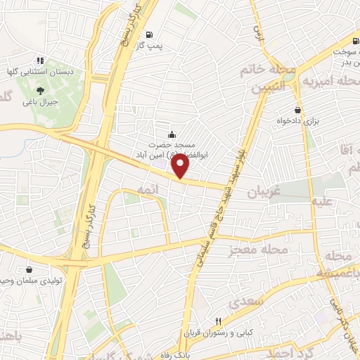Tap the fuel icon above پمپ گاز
coord(149,34)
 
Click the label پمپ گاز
coord(149,45)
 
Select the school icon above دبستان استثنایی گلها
coord(40,60)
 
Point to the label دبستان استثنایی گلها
coord(40,71)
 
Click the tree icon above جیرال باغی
coord(40,91)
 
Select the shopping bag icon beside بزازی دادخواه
coord(298,110)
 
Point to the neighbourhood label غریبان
coord(263,191)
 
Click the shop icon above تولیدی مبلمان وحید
coord(30,269)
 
